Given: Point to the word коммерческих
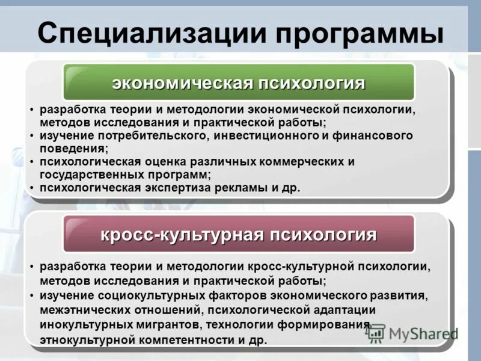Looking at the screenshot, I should coord(293,162).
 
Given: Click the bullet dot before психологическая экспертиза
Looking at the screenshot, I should coord(32,188).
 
